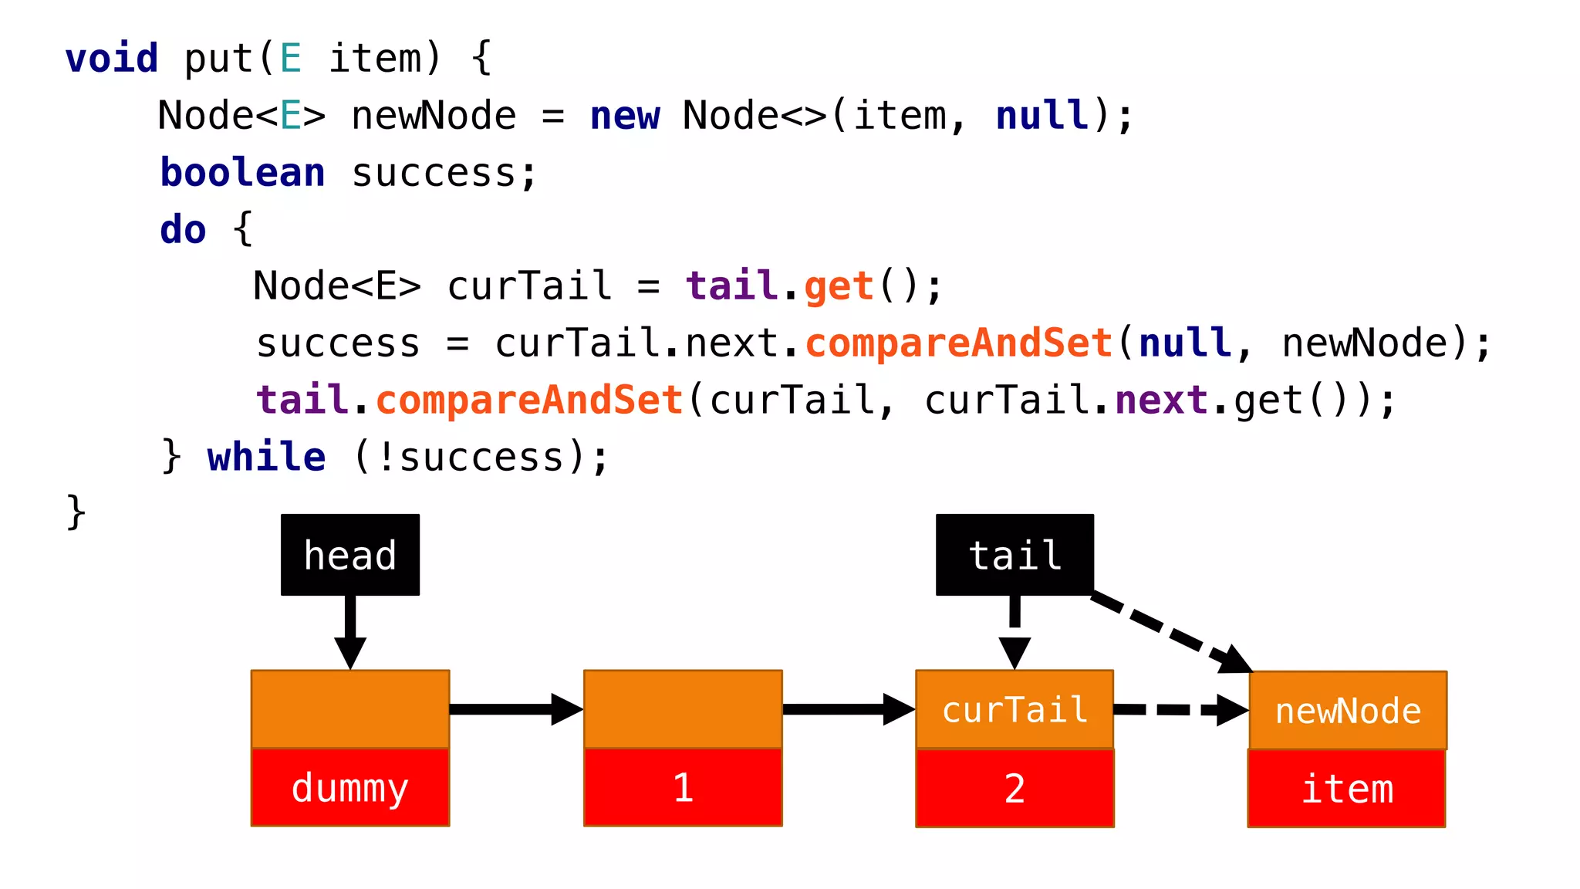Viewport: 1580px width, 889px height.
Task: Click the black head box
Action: click(x=350, y=555)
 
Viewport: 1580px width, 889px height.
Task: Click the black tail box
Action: click(x=1015, y=555)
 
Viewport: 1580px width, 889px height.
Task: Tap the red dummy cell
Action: click(x=350, y=787)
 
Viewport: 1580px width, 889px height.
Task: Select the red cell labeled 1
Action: click(x=683, y=787)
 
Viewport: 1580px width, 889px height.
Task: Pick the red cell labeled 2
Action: click(x=1015, y=788)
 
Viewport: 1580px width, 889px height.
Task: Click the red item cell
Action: click(x=1347, y=789)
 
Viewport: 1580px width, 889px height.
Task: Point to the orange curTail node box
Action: click(x=1015, y=709)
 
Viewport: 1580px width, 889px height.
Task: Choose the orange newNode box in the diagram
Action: click(x=1348, y=710)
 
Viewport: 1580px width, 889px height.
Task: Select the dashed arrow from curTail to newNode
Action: click(x=1180, y=710)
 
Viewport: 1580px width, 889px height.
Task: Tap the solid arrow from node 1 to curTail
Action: click(x=848, y=709)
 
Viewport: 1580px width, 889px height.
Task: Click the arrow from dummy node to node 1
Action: click(x=515, y=709)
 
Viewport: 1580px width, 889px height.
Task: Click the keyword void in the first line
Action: click(x=112, y=59)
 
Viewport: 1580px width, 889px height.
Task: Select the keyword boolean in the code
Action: click(x=242, y=172)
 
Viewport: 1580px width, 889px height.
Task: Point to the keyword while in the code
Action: click(x=266, y=457)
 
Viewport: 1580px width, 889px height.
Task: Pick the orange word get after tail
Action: click(x=839, y=286)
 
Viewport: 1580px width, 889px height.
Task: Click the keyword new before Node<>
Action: click(x=625, y=116)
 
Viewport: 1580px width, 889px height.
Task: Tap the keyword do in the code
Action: click(x=183, y=229)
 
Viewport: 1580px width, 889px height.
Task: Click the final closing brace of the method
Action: click(x=76, y=512)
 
